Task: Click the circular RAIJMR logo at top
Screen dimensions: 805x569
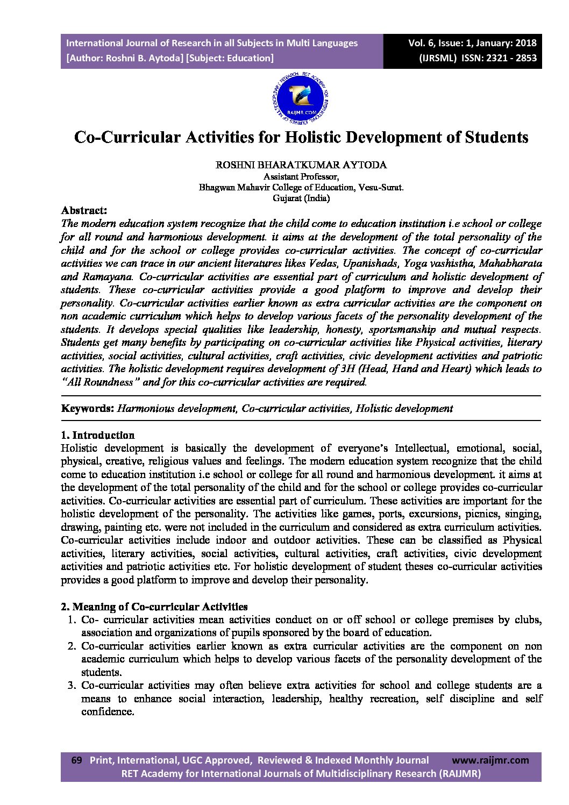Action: pyautogui.click(x=301, y=99)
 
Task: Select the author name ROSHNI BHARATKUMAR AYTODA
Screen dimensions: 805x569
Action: pyautogui.click(x=301, y=165)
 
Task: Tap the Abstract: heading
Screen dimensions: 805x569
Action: pyautogui.click(x=84, y=210)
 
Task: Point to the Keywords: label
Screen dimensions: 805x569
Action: pyautogui.click(x=87, y=408)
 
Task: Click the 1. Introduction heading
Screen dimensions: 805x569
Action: pyautogui.click(x=97, y=435)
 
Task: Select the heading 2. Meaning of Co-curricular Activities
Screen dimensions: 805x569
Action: pyautogui.click(x=154, y=607)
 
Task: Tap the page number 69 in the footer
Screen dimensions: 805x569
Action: pyautogui.click(x=77, y=760)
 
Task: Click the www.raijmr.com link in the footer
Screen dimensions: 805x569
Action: pyautogui.click(x=490, y=760)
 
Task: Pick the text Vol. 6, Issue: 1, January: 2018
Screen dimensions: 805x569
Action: pyautogui.click(x=472, y=43)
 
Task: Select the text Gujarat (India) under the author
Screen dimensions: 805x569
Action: pyautogui.click(x=301, y=198)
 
